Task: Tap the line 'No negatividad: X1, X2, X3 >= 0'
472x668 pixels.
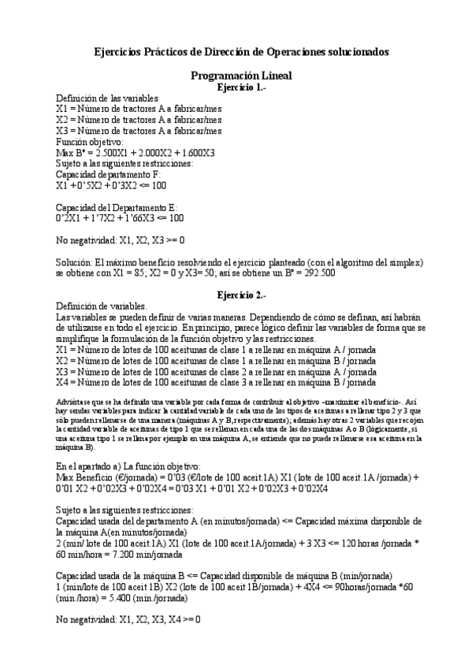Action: pos(121,239)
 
